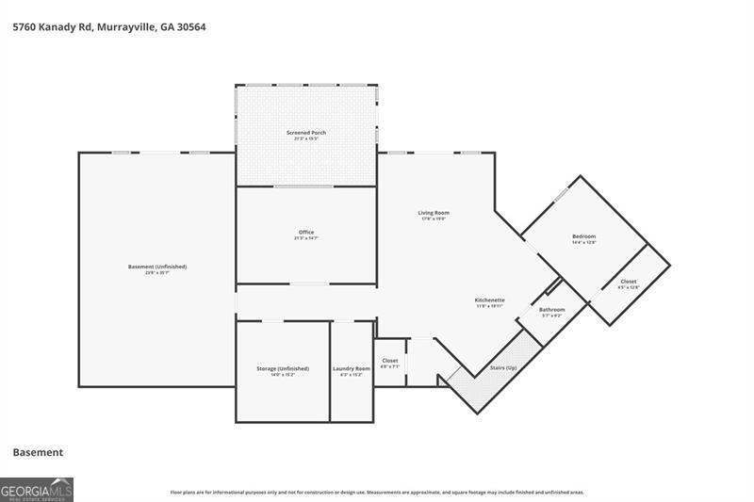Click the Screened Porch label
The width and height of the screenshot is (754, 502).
(306, 133)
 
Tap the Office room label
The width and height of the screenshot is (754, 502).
(306, 232)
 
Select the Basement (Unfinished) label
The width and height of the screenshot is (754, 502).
(157, 267)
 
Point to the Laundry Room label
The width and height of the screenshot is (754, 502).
(351, 368)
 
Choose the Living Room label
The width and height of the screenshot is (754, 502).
(434, 213)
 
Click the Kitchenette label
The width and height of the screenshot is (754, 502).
(489, 300)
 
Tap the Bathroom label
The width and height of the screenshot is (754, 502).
(551, 309)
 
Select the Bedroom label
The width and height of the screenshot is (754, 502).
(583, 236)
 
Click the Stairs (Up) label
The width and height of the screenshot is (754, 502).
(503, 367)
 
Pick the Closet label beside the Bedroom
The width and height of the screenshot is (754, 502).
(628, 282)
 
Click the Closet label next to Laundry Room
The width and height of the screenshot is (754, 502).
(390, 361)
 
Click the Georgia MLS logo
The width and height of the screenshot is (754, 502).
(37, 489)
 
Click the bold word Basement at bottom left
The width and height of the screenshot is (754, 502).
(38, 452)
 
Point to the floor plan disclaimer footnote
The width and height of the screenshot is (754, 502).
(377, 492)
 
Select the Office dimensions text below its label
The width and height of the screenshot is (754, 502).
(306, 239)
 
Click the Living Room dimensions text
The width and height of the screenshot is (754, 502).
(434, 219)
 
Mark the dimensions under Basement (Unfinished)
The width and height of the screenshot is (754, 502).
(157, 273)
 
